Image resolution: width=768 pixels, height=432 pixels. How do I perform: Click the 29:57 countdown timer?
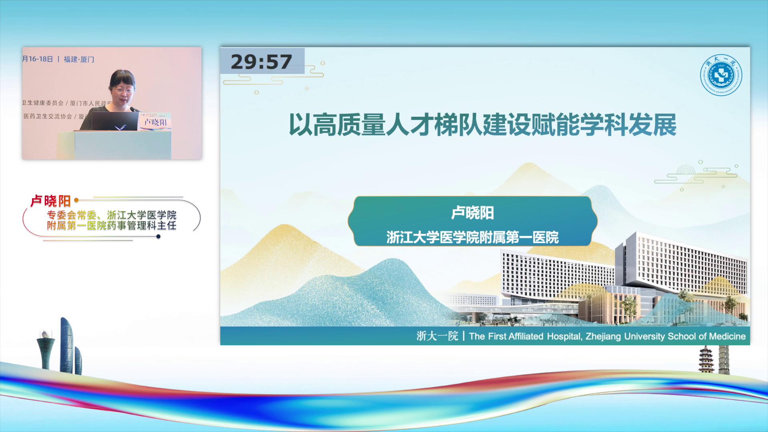(x=262, y=62)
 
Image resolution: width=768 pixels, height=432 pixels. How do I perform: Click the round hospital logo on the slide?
(x=721, y=75)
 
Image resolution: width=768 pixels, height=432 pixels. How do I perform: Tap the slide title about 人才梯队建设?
(x=482, y=125)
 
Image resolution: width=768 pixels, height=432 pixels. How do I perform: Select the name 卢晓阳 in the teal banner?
(x=472, y=213)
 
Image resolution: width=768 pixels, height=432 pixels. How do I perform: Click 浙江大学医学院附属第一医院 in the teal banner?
(x=472, y=237)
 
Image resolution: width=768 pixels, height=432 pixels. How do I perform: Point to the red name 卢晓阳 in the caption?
(x=51, y=201)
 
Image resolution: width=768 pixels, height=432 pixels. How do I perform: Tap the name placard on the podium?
(x=155, y=122)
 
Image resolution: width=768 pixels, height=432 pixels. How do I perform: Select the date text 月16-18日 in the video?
(x=38, y=59)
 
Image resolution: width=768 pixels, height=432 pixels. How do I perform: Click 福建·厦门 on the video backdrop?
(x=79, y=60)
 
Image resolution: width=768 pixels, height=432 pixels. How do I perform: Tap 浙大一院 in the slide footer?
(x=437, y=336)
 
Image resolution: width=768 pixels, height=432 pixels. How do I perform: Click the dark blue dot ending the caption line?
(x=158, y=236)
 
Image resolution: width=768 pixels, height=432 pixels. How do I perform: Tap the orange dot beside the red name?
(x=76, y=200)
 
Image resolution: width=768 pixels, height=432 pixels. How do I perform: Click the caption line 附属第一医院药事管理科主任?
(x=112, y=226)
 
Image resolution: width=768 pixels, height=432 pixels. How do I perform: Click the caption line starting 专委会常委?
(x=112, y=215)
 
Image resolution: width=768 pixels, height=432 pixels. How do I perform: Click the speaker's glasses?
(x=124, y=91)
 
